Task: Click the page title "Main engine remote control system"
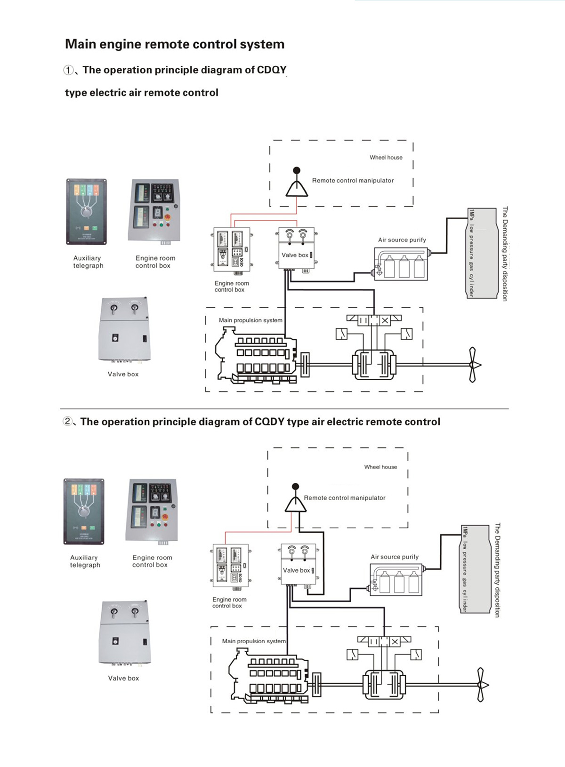point(175,44)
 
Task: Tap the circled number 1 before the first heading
point(69,71)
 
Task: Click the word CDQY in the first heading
point(271,70)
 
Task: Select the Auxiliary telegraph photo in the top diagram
point(87,212)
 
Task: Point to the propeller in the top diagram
point(473,365)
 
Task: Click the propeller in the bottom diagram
point(481,685)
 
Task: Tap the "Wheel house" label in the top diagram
point(386,158)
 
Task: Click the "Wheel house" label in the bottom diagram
point(380,467)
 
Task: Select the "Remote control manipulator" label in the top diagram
point(353,181)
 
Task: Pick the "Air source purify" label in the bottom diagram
point(395,557)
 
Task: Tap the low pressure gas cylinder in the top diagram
point(482,253)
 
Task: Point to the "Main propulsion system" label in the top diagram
point(250,320)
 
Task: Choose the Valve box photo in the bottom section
point(125,633)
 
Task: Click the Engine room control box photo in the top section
point(154,210)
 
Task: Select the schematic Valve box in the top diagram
point(296,248)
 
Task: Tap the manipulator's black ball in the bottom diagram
point(295,487)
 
